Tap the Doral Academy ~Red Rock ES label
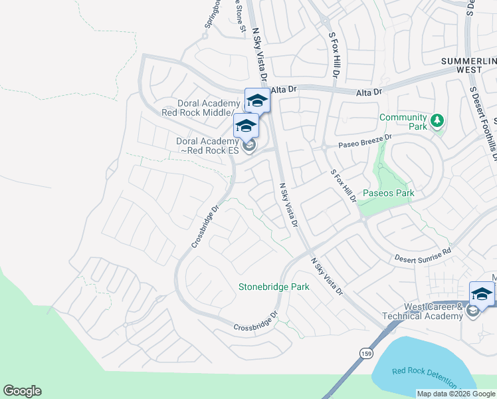207,146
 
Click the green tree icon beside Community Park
437,120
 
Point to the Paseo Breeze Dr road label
365,140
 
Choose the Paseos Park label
388,194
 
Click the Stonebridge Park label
274,287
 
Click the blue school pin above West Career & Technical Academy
482,293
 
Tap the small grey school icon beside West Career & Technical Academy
473,311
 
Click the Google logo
22,391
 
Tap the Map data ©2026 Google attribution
456,394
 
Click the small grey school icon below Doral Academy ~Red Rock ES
249,146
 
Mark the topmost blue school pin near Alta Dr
257,100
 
